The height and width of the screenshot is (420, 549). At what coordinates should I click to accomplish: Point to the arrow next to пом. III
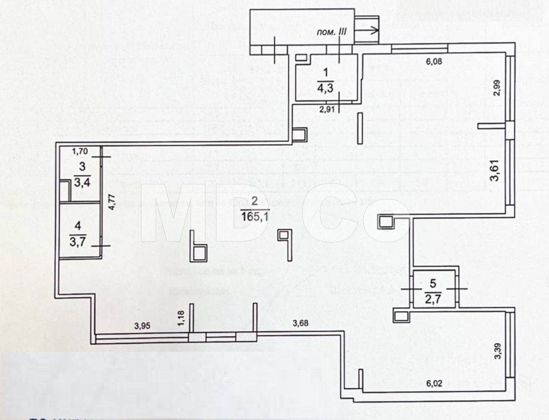click(366, 30)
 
